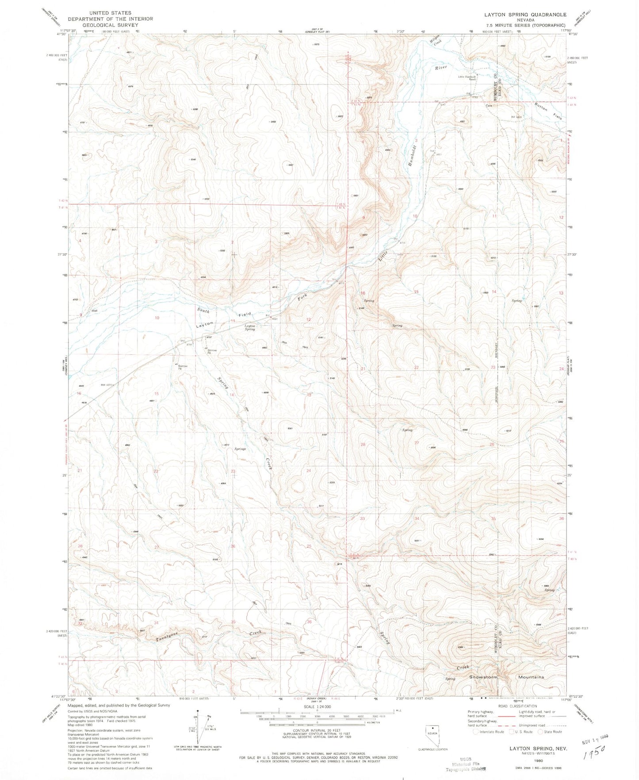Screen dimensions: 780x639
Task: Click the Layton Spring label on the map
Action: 250,327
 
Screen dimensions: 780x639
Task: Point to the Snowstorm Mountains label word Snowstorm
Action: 483,677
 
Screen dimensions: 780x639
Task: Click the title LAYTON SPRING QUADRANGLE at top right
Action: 525,15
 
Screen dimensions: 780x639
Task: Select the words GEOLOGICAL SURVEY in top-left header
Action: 110,25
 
